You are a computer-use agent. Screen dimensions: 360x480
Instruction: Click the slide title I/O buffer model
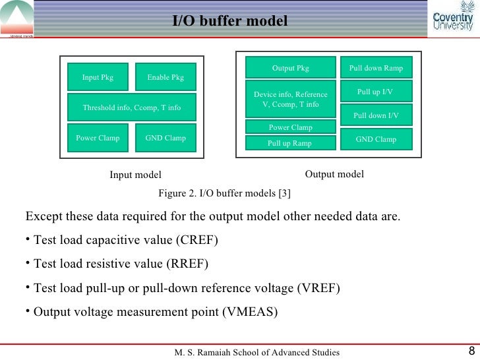pos(230,22)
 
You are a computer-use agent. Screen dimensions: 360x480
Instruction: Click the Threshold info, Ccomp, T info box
pos(131,107)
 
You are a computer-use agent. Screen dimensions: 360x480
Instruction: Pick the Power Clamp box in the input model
pos(98,138)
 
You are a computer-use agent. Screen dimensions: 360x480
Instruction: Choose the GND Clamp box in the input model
pos(165,138)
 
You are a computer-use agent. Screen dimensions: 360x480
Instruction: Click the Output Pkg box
pos(290,68)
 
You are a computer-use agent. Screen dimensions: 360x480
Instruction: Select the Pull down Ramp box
pos(376,68)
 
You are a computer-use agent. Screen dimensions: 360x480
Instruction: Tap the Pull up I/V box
pos(376,92)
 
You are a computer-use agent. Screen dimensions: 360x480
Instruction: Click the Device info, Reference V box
pos(290,100)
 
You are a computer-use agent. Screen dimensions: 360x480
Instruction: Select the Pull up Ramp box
pos(290,143)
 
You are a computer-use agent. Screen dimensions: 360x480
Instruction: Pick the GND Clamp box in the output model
pos(376,139)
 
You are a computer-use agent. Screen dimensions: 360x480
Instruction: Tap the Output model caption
pos(334,173)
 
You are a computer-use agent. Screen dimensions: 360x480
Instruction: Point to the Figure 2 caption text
pos(226,193)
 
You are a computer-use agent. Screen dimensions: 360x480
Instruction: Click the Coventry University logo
pos(452,18)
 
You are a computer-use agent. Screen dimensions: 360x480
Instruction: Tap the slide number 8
pos(471,351)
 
